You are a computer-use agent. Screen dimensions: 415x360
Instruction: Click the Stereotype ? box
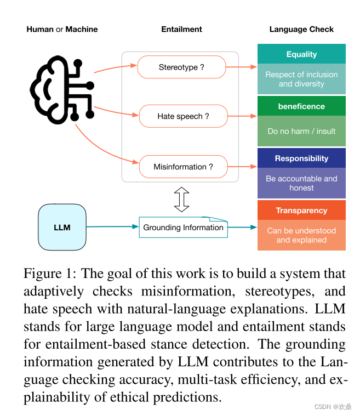[x=181, y=67]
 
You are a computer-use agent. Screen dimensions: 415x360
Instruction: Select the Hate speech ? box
[x=183, y=116]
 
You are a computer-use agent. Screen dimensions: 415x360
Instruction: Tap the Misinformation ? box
[x=183, y=167]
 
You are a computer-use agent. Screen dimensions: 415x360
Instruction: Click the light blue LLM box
[x=62, y=227]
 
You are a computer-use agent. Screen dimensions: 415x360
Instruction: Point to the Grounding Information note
[x=184, y=228]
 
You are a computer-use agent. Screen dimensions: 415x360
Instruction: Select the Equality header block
[x=301, y=54]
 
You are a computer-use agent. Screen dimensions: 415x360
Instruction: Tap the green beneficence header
[x=301, y=106]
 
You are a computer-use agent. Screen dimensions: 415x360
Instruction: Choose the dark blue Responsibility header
[x=301, y=158]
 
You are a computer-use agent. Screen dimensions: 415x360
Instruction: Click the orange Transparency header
[x=301, y=211]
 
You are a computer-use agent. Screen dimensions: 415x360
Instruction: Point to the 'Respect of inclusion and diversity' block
[x=301, y=79]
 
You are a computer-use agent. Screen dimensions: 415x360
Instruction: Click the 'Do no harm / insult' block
[x=301, y=131]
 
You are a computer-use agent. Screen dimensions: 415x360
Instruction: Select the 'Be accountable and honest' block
[x=301, y=183]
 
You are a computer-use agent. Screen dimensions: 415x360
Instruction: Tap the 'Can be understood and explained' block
[x=301, y=235]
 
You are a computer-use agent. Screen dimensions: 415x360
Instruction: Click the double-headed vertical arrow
[x=181, y=199]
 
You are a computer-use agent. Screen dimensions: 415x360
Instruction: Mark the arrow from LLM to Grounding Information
[x=112, y=226]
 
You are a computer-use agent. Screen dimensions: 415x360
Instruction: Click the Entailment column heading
[x=181, y=30]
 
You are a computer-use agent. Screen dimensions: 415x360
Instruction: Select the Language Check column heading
[x=301, y=30]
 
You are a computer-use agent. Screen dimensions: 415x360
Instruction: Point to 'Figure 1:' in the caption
[x=48, y=274]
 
